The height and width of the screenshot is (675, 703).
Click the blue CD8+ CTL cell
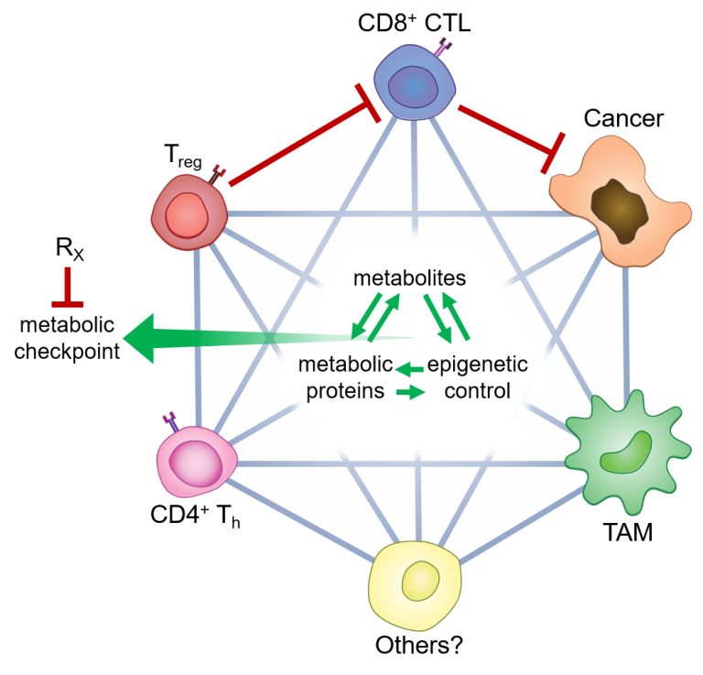pyautogui.click(x=415, y=85)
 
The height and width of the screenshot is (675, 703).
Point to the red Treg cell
pyautogui.click(x=190, y=212)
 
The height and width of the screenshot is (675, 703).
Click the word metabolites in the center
pyautogui.click(x=411, y=277)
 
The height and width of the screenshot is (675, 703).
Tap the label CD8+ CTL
pyautogui.click(x=414, y=21)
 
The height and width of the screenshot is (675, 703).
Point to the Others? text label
pyautogui.click(x=418, y=644)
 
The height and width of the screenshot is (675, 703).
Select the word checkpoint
pyautogui.click(x=68, y=350)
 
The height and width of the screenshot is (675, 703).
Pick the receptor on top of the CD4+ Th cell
pyautogui.click(x=169, y=421)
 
